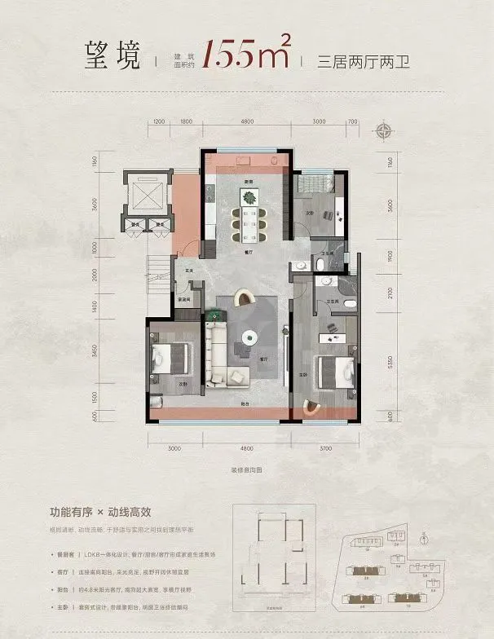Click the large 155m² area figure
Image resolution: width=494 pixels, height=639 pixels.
pos(248,54)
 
